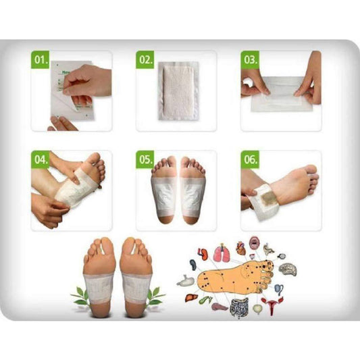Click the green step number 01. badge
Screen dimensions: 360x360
click(41, 60)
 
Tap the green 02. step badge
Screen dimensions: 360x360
click(147, 60)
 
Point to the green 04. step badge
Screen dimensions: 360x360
click(41, 160)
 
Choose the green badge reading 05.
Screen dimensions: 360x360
click(147, 160)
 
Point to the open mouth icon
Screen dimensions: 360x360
click(253, 241)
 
